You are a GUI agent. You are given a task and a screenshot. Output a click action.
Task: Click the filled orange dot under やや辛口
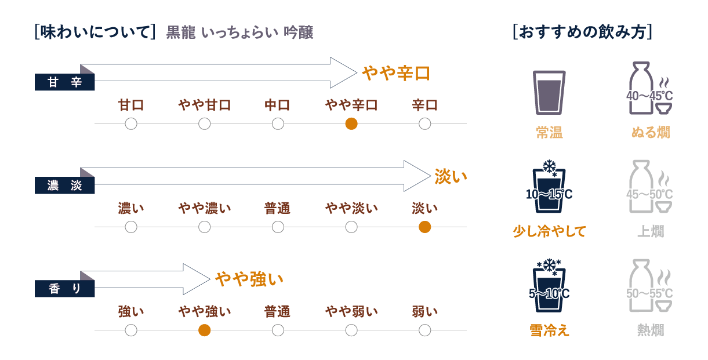pyautogui.click(x=351, y=123)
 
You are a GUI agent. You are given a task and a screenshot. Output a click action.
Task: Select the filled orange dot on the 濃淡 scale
pyautogui.click(x=424, y=227)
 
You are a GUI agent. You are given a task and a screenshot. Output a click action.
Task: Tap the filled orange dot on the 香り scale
pyautogui.click(x=204, y=330)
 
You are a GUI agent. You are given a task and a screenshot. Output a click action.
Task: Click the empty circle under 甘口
pyautogui.click(x=131, y=123)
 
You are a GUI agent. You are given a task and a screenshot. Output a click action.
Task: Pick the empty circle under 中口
pyautogui.click(x=278, y=123)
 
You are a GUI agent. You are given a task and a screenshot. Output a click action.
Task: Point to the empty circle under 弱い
pyautogui.click(x=424, y=330)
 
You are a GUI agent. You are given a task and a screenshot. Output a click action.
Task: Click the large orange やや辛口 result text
pyautogui.click(x=396, y=73)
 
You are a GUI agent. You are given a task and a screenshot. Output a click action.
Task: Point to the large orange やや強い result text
pyautogui.click(x=249, y=279)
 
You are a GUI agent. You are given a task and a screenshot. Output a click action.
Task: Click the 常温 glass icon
pyautogui.click(x=549, y=92)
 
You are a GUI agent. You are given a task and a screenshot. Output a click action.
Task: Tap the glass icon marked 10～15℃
pyautogui.click(x=549, y=188)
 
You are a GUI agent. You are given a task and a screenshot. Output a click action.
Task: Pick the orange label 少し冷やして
pyautogui.click(x=549, y=231)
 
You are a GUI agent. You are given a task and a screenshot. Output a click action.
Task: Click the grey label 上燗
pyautogui.click(x=650, y=231)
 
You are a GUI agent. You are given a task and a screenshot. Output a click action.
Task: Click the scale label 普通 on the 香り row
pyautogui.click(x=278, y=311)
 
